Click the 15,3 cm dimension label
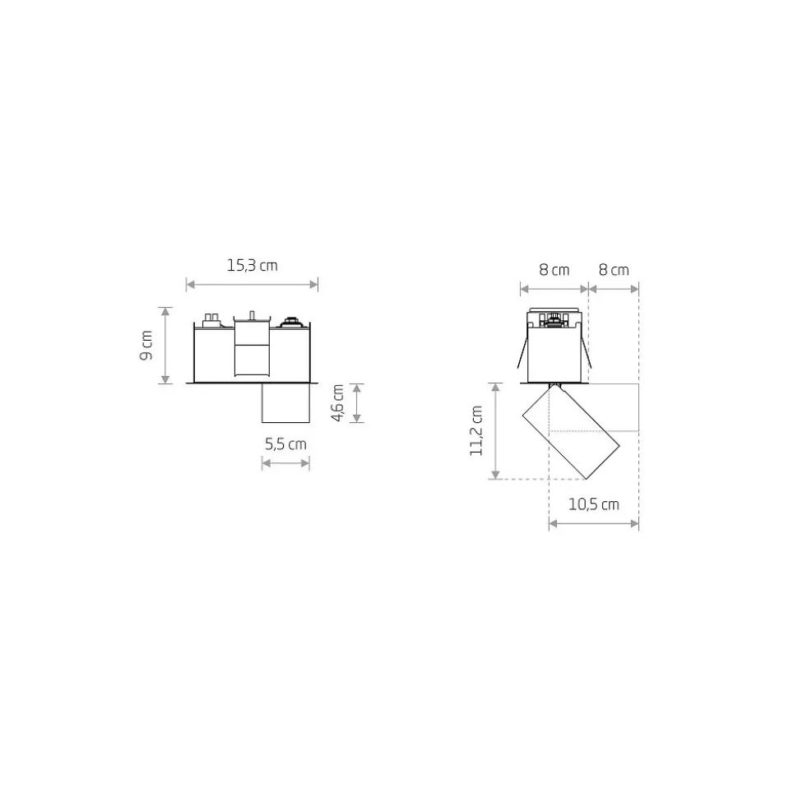tap(253, 266)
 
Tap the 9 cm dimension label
tap(146, 345)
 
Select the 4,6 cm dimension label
tap(338, 403)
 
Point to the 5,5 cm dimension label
tap(285, 444)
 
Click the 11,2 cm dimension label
tap(476, 430)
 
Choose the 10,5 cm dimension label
tap(594, 504)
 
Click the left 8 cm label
tap(554, 270)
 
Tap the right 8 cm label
tap(614, 270)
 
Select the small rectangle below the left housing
tap(285, 402)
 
